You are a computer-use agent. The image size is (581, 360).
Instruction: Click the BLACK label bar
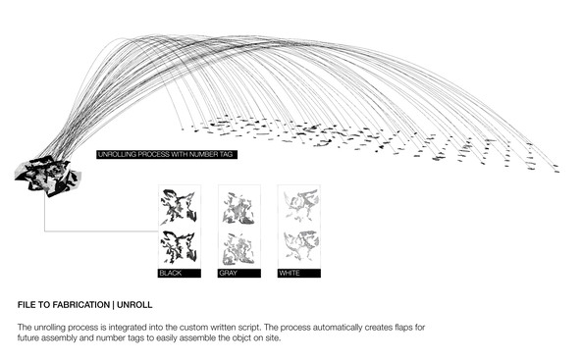click(x=180, y=274)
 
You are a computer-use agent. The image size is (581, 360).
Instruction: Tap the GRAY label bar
click(x=239, y=274)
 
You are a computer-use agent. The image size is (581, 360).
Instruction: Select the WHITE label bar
click(x=299, y=274)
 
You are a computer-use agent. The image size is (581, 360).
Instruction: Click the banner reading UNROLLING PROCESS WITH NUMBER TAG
click(x=167, y=154)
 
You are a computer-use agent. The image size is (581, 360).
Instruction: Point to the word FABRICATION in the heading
click(x=81, y=305)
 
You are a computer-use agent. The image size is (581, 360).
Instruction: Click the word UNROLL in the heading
click(x=134, y=305)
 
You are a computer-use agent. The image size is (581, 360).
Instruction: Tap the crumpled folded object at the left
click(x=47, y=177)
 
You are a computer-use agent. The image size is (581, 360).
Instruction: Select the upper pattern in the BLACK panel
click(x=179, y=207)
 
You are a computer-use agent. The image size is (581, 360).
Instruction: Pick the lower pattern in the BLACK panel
click(x=179, y=247)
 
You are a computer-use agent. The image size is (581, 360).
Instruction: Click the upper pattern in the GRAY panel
click(x=238, y=209)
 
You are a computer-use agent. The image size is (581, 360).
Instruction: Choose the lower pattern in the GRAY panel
click(x=238, y=249)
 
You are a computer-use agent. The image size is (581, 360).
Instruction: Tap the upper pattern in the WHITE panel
click(x=300, y=205)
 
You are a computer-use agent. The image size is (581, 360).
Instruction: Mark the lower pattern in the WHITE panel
click(x=300, y=245)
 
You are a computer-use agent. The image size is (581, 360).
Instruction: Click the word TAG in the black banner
click(x=227, y=154)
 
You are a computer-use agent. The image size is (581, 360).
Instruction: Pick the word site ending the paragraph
click(x=273, y=338)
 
